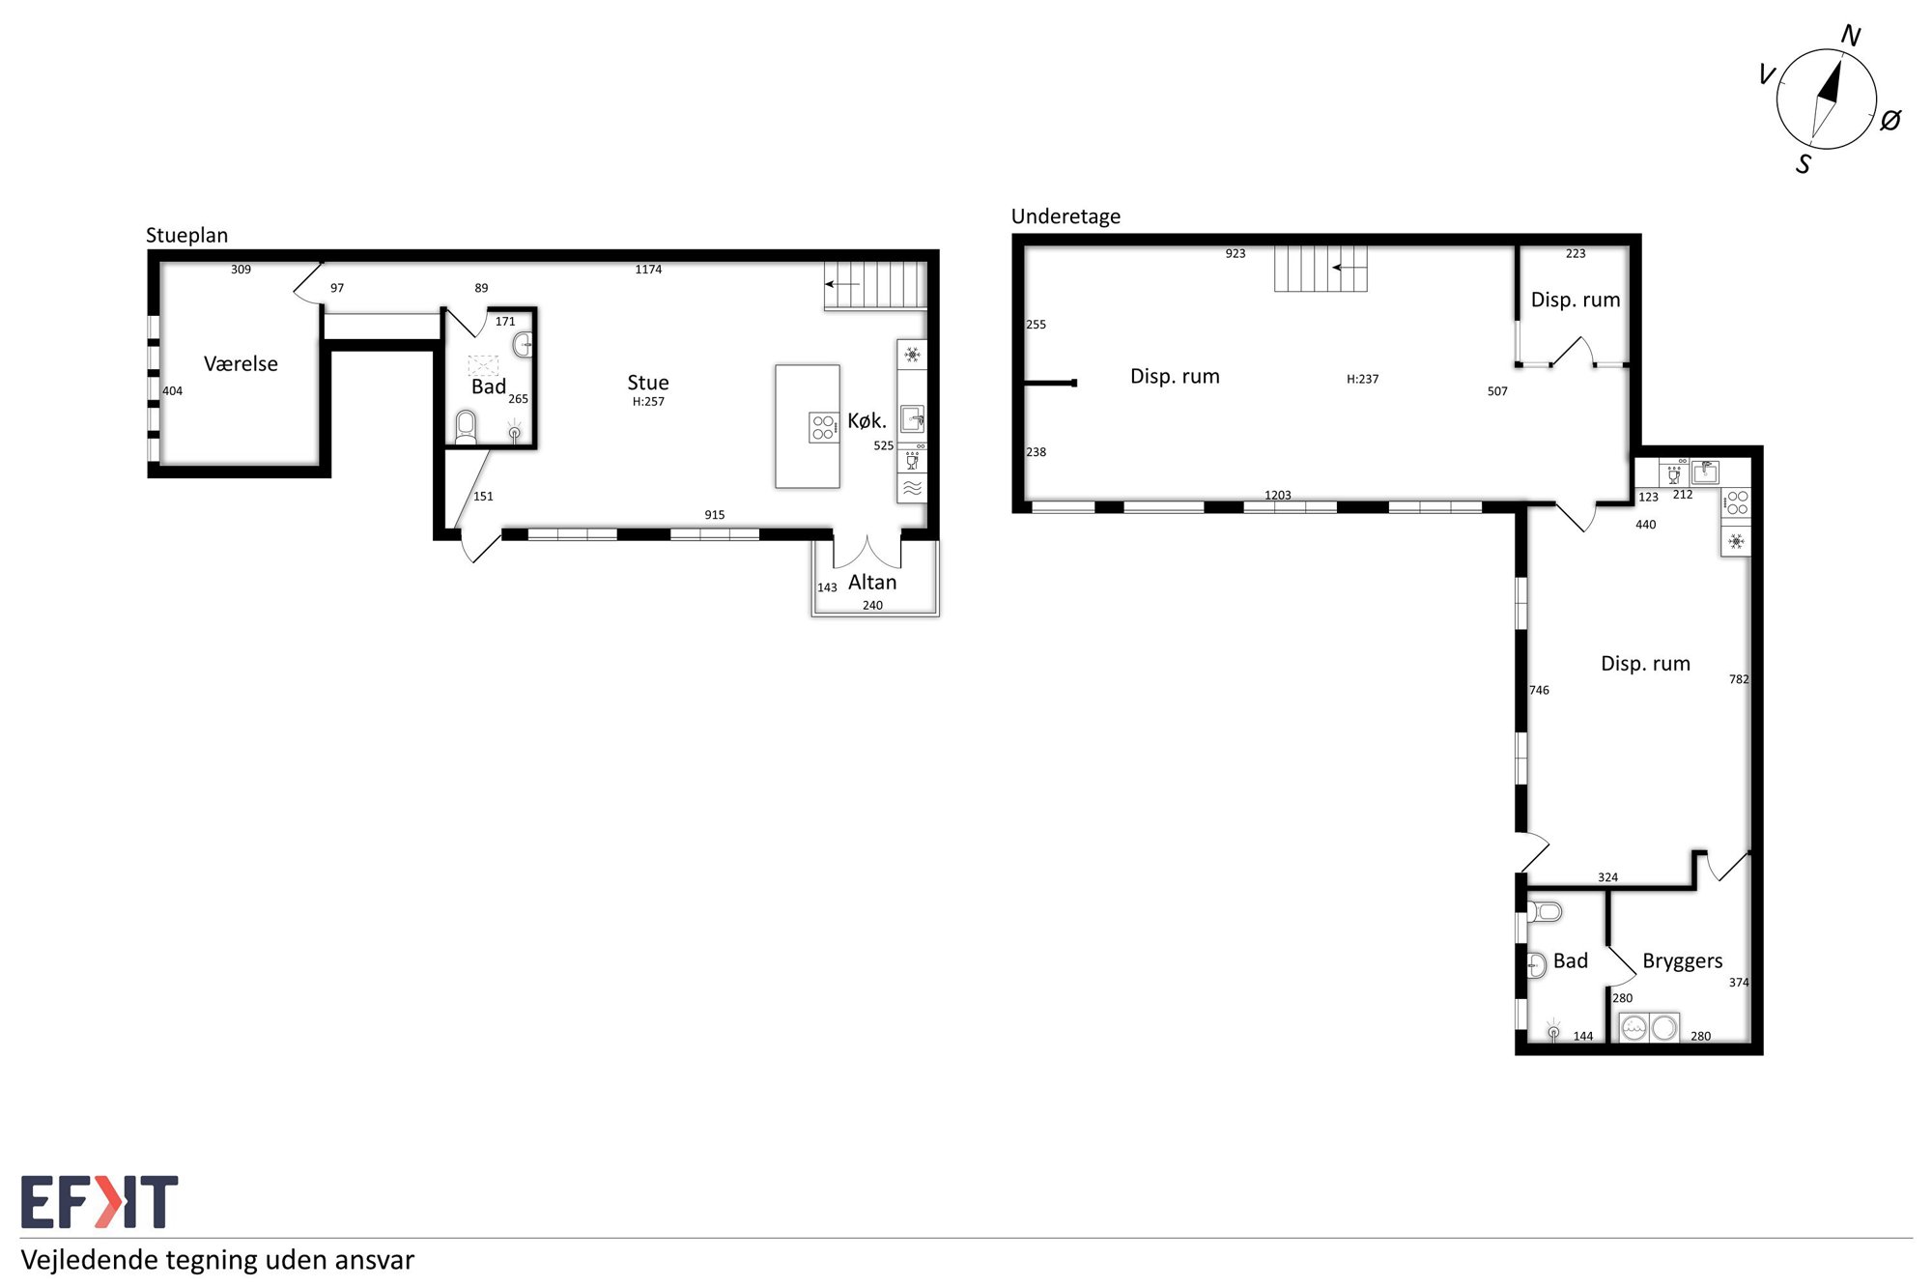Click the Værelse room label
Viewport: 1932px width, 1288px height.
[241, 364]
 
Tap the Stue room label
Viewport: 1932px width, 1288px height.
[648, 383]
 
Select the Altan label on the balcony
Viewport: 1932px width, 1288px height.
[872, 582]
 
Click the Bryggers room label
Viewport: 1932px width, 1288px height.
[1683, 961]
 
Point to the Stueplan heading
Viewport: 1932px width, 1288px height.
[186, 236]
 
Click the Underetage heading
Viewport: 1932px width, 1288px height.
[1065, 216]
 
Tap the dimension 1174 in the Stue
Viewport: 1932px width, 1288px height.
[648, 270]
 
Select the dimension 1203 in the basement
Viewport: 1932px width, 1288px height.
[1278, 495]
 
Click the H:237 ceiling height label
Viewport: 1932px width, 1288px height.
[1363, 379]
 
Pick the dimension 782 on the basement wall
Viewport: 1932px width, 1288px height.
[1739, 679]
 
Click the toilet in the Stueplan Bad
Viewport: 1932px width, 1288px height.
[466, 426]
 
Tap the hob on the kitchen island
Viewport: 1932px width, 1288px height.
[823, 427]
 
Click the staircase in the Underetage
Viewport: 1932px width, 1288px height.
[1321, 268]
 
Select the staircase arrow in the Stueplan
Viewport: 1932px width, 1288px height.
[842, 284]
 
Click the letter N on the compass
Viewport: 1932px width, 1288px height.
[1851, 36]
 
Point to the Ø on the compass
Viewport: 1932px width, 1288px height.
[1890, 120]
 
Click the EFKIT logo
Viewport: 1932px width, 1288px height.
[99, 1202]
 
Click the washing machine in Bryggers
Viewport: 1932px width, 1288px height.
[1634, 1027]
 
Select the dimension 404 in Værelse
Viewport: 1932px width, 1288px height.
[172, 391]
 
